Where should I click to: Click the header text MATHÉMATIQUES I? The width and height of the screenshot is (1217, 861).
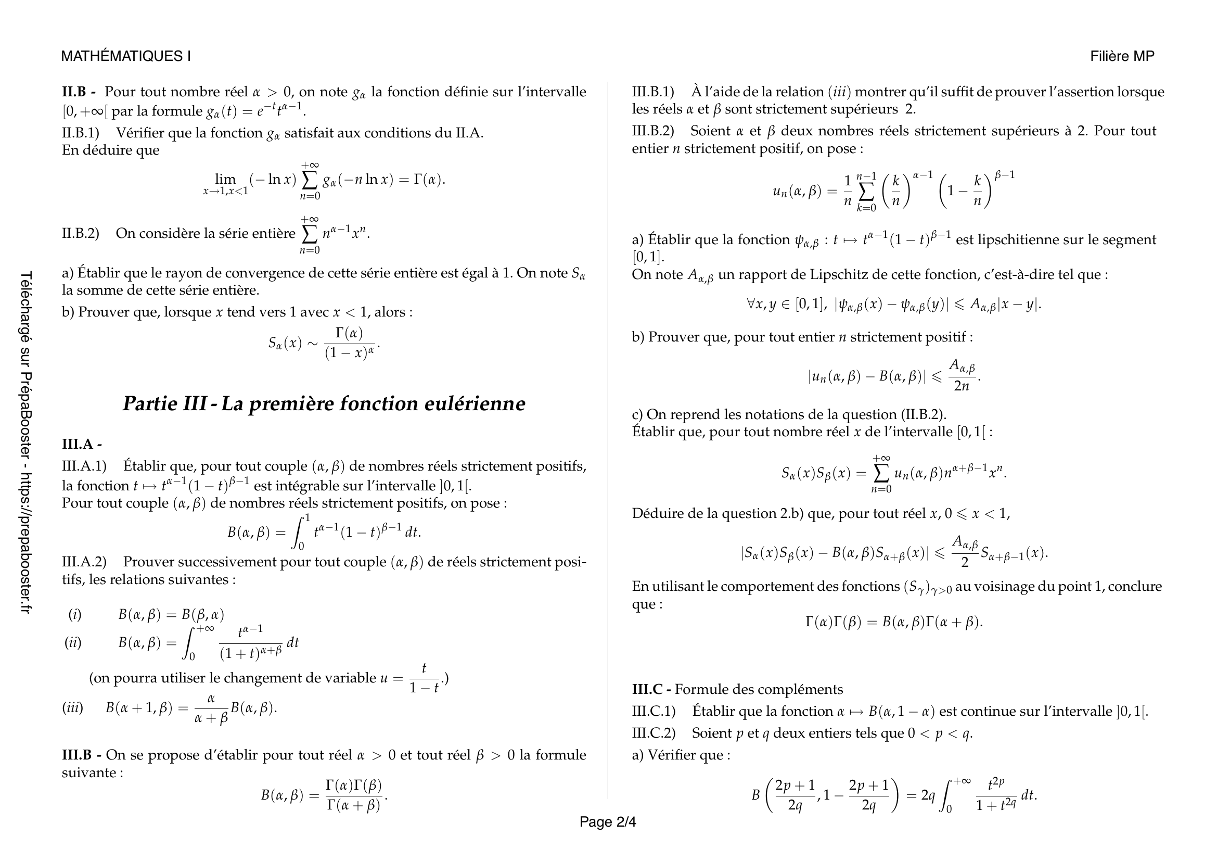(x=125, y=56)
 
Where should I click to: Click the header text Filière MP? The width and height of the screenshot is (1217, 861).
(x=1122, y=56)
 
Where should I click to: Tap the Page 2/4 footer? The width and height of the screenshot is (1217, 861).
(x=607, y=822)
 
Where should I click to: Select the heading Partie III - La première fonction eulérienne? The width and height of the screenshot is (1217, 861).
(x=324, y=404)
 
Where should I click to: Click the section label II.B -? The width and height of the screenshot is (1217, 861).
(x=79, y=92)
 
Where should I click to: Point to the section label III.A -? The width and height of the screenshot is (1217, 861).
(x=82, y=444)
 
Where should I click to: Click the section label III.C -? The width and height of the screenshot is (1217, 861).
(x=651, y=689)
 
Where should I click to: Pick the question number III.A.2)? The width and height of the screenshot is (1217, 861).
(x=84, y=562)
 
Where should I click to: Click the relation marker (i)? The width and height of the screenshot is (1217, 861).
(x=75, y=614)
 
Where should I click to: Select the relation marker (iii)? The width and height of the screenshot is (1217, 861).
(x=73, y=708)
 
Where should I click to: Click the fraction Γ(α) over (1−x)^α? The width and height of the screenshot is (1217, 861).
(x=349, y=344)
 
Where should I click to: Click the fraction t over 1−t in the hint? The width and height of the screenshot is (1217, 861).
(x=424, y=678)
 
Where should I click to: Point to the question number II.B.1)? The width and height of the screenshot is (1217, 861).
(x=81, y=133)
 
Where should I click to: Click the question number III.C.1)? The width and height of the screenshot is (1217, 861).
(x=654, y=711)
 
